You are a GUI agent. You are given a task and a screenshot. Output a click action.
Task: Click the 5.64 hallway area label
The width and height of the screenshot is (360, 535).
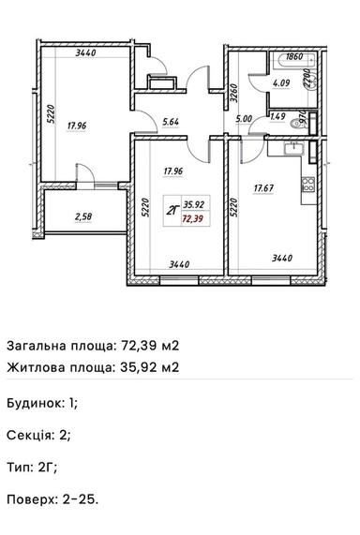coord(171,121)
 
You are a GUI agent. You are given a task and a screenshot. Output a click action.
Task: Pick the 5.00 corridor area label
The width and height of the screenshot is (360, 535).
coord(245,119)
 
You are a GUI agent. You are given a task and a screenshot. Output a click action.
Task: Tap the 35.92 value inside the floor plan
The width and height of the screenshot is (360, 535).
coord(194,202)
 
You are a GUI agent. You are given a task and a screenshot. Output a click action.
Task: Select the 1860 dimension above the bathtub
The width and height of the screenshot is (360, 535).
coord(293,57)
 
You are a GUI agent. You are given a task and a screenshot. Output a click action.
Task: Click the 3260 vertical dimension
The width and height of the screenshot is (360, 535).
coord(233,93)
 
